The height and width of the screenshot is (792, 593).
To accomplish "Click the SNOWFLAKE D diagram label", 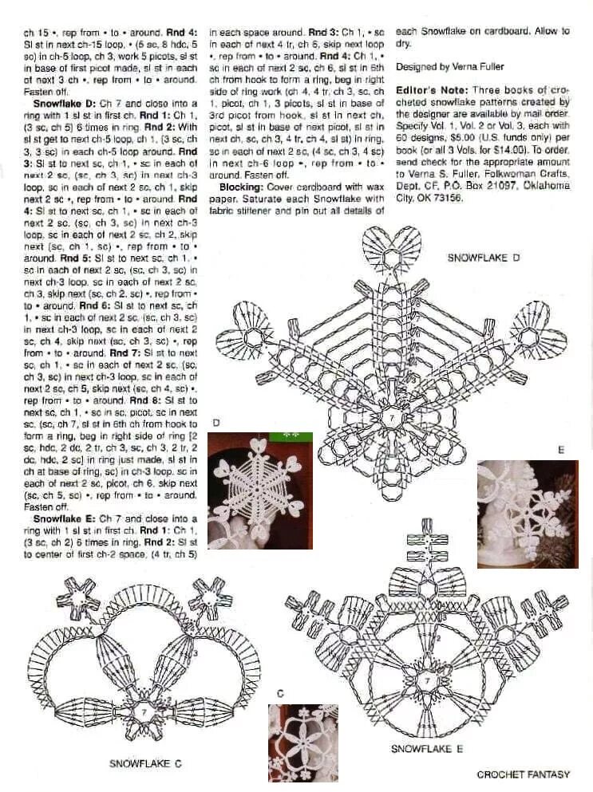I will [483, 258].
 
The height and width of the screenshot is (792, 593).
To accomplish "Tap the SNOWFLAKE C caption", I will [145, 763].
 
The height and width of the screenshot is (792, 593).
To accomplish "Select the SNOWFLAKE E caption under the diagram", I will [426, 749].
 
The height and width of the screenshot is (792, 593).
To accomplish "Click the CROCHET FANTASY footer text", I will [523, 774].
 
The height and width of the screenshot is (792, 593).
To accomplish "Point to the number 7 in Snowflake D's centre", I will [392, 416].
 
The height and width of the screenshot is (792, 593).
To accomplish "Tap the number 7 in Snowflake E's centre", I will [426, 682].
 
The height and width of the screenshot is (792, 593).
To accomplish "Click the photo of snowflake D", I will [259, 490].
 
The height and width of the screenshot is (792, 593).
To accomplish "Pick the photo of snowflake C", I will [302, 743].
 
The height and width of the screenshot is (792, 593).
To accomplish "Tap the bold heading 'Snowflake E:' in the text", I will [61, 518].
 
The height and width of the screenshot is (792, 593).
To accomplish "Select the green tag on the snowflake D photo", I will [292, 436].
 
